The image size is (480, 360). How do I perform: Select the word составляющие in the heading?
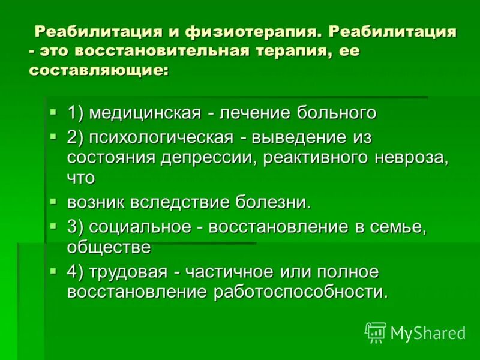[x=99, y=70]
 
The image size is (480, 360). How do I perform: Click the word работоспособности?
[x=299, y=292]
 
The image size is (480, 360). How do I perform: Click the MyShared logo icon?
[x=376, y=332]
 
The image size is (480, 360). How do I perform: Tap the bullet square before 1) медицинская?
[x=54, y=112]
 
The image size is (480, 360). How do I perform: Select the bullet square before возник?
[x=54, y=201]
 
